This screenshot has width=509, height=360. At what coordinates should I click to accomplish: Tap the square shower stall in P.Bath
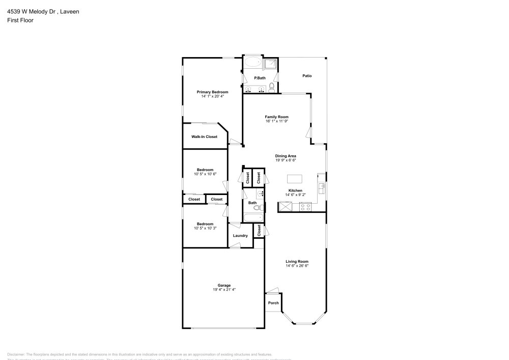click(x=271, y=64)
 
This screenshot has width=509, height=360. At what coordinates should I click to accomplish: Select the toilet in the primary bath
click(x=272, y=88)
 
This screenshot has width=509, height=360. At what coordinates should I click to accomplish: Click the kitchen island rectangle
click(x=295, y=179)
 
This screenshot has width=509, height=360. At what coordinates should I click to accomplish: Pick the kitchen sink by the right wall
click(x=321, y=188)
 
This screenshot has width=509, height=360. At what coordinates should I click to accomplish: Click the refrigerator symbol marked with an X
click(x=285, y=206)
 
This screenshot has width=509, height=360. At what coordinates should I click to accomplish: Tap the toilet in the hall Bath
click(x=257, y=207)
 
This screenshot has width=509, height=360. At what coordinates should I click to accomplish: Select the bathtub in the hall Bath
click(x=252, y=218)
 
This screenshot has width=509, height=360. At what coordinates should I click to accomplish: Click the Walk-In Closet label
click(x=204, y=136)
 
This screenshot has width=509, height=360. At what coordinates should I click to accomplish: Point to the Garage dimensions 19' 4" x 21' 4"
click(x=224, y=289)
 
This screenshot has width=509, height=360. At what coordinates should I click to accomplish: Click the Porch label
click(x=273, y=303)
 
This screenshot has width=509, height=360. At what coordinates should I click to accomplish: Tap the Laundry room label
click(x=240, y=235)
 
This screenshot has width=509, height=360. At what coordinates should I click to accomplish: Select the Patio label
click(x=307, y=76)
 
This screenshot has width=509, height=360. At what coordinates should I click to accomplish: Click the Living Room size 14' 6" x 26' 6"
click(x=297, y=266)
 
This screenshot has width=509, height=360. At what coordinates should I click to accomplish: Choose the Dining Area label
click(x=286, y=156)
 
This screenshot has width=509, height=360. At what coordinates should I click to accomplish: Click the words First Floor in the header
click(x=20, y=20)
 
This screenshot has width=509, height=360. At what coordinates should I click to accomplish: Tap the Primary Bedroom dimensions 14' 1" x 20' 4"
click(x=212, y=96)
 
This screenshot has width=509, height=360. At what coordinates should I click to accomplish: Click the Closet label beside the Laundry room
click(x=259, y=230)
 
